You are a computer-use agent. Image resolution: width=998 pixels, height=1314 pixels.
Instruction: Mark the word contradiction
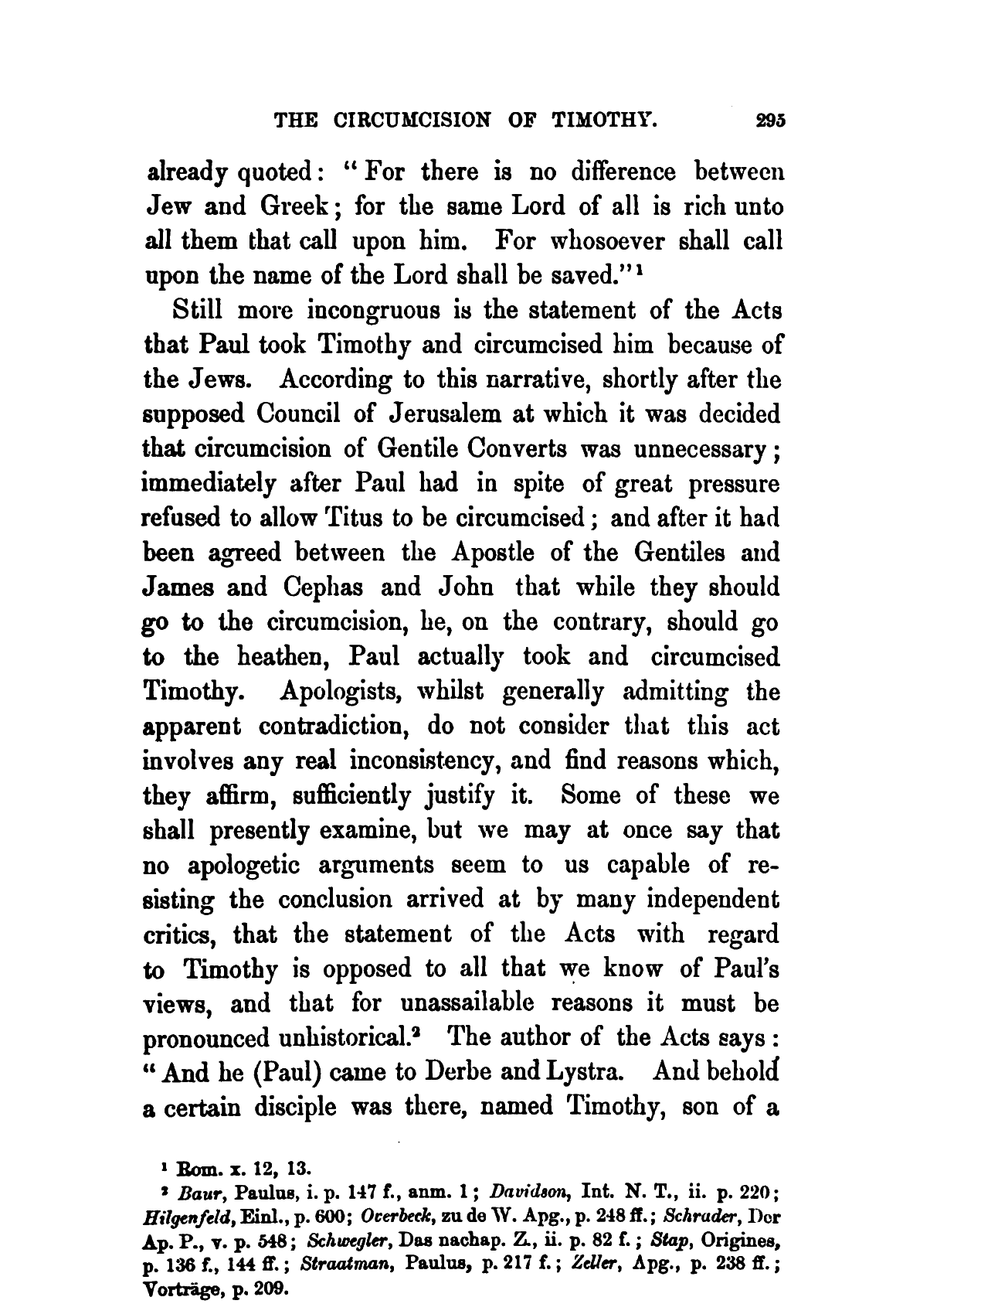(x=337, y=727)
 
